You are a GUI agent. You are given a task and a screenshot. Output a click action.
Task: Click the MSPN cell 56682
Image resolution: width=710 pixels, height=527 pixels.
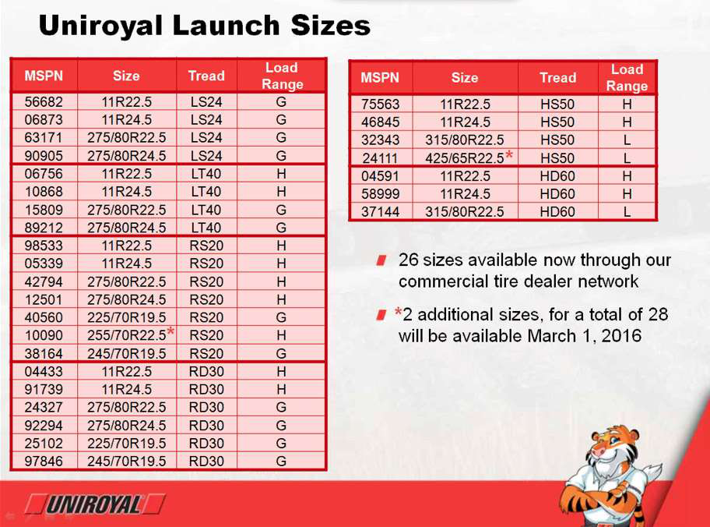pyautogui.click(x=44, y=101)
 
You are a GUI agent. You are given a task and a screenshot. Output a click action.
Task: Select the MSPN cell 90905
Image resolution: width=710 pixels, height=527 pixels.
pyautogui.click(x=44, y=156)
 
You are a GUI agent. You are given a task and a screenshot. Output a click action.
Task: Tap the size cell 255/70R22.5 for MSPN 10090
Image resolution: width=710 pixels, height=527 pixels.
pyautogui.click(x=127, y=335)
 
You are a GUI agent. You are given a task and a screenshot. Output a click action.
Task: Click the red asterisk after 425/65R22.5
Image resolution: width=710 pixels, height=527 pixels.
pyautogui.click(x=509, y=156)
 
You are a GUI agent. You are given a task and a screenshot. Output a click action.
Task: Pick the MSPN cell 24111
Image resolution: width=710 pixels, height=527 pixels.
pyautogui.click(x=380, y=157)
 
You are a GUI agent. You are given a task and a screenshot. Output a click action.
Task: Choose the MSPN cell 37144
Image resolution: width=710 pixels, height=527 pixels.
pyautogui.click(x=381, y=212)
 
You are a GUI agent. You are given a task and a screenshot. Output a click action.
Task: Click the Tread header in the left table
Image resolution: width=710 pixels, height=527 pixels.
pyautogui.click(x=206, y=76)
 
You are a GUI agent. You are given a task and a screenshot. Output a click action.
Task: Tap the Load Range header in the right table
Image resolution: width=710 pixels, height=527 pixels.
pyautogui.click(x=627, y=77)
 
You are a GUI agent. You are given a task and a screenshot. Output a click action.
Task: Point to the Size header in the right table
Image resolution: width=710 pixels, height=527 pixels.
pyautogui.click(x=465, y=77)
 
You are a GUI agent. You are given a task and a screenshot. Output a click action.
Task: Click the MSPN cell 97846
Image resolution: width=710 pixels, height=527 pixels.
pyautogui.click(x=44, y=462)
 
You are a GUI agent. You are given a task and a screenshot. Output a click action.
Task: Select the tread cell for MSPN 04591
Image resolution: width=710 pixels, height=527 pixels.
pyautogui.click(x=557, y=176)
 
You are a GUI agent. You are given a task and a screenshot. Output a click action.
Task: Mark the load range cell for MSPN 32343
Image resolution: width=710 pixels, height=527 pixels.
pyautogui.click(x=627, y=140)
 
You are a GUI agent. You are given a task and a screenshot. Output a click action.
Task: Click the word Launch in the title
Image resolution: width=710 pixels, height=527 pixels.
pyautogui.click(x=226, y=25)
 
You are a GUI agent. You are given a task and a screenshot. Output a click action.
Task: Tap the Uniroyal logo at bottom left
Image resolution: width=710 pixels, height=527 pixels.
pyautogui.click(x=95, y=504)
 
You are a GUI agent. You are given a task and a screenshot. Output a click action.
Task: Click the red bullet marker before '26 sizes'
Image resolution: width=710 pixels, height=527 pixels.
pyautogui.click(x=381, y=260)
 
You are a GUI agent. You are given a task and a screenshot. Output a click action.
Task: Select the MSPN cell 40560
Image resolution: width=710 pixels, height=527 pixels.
pyautogui.click(x=44, y=317)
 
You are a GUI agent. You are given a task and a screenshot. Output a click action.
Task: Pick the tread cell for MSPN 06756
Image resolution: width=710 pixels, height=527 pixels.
pyautogui.click(x=206, y=174)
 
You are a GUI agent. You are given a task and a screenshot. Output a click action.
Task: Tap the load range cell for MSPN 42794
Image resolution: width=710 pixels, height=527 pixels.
pyautogui.click(x=281, y=281)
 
